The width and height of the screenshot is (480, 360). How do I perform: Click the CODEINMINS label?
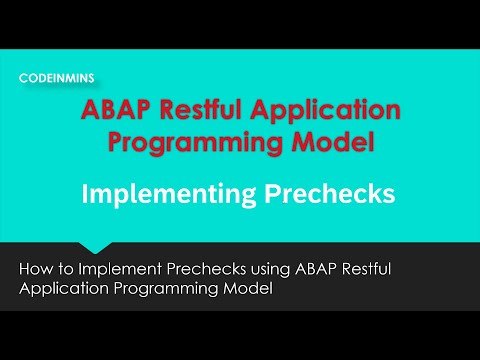click(57, 77)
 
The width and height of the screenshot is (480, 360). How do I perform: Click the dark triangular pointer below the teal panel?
click(96, 247)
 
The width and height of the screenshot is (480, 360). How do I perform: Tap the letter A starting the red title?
click(92, 109)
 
